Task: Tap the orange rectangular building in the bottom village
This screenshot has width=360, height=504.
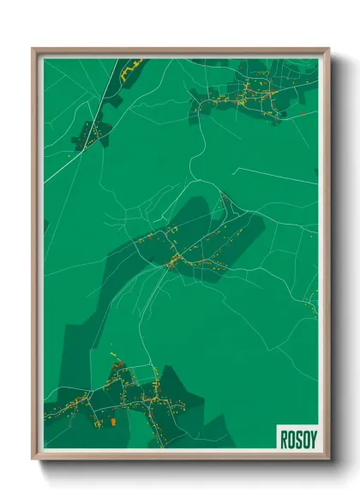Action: (x=112, y=422)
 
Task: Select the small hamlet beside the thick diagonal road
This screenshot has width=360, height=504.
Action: (x=93, y=133)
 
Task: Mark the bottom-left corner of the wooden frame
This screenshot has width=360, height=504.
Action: (x=33, y=458)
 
